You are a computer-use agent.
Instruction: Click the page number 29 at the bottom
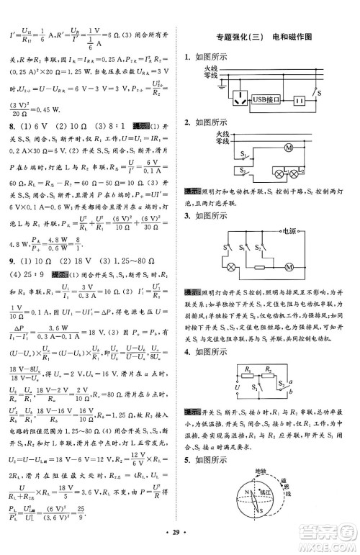(179, 540)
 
